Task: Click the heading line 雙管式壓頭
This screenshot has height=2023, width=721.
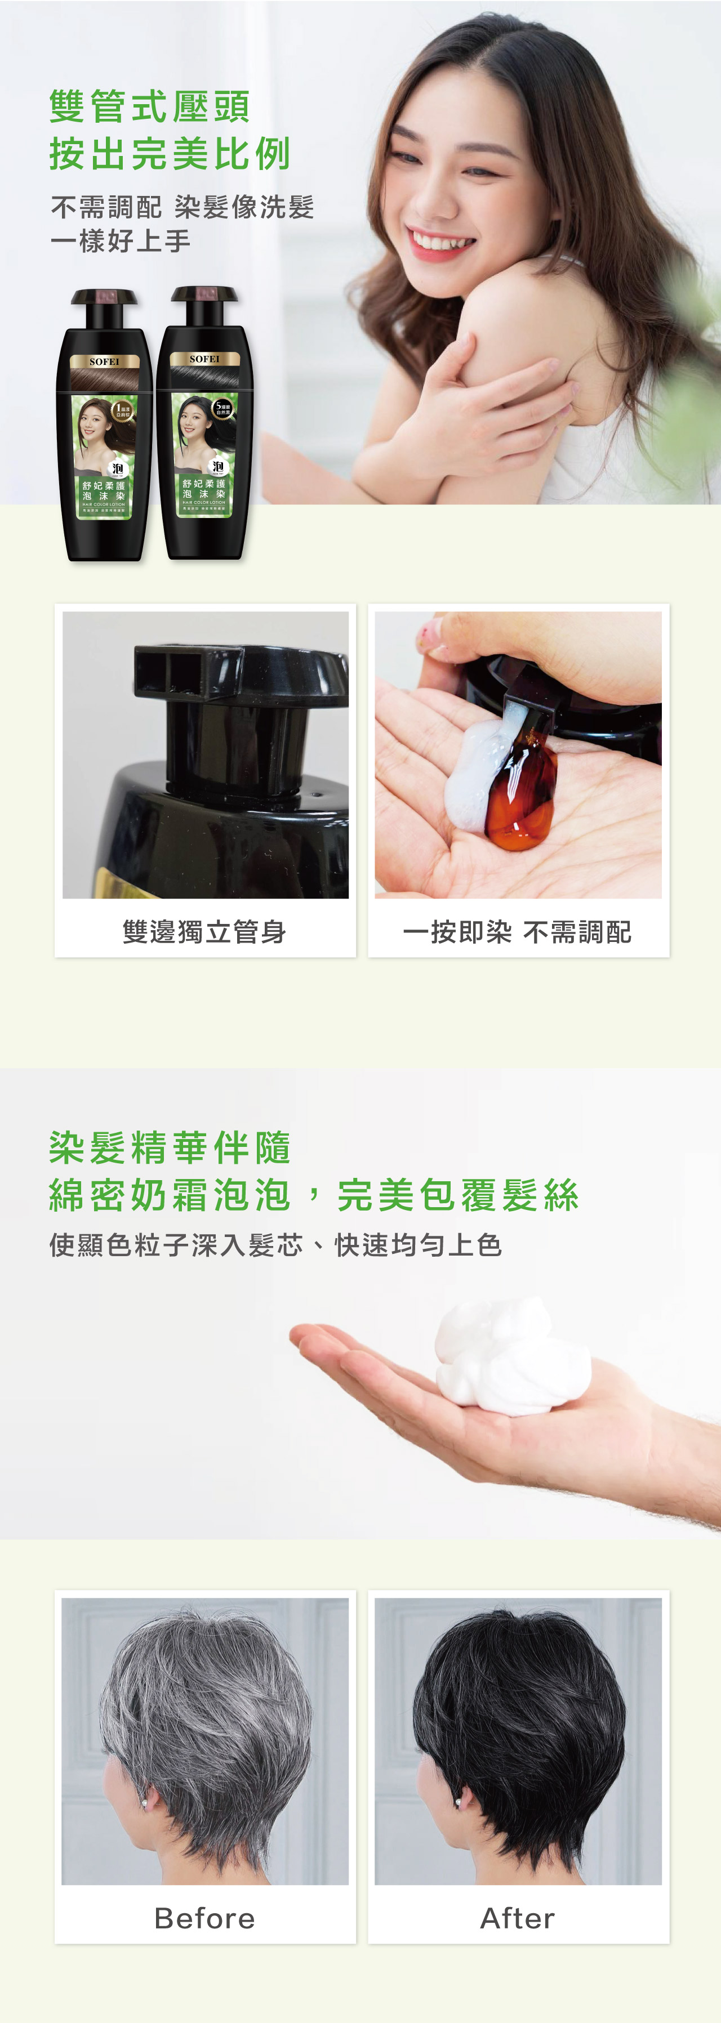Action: point(149,106)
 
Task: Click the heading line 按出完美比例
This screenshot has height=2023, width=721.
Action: point(170,153)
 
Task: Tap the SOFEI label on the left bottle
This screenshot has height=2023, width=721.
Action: point(104,362)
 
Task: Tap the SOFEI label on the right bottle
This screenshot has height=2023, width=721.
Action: point(204,359)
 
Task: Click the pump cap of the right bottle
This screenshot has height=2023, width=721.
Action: point(204,294)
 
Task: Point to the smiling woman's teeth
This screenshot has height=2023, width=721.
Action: point(442,239)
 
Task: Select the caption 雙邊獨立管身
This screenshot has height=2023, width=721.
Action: point(204,932)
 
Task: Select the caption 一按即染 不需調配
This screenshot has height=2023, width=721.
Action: point(517,932)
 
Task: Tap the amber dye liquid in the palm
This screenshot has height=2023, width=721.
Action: point(518,809)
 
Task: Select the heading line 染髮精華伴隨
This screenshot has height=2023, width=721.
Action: point(170,1148)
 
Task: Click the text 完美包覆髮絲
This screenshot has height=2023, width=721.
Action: point(458,1195)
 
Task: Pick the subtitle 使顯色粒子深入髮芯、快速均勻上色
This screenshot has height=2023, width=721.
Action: point(275,1245)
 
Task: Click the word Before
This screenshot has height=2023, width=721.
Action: point(204,1918)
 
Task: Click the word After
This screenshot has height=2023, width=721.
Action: point(517,1918)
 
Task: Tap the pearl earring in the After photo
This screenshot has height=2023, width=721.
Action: point(459,1804)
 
